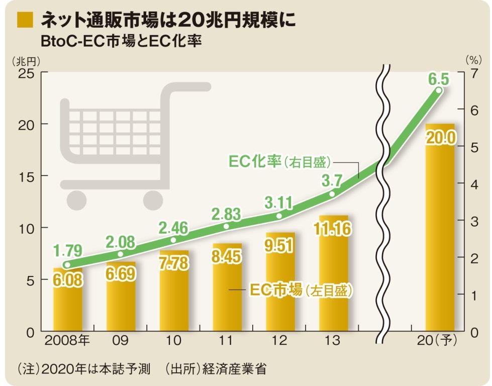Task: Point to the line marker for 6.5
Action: [x=438, y=90]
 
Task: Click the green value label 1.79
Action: [x=67, y=250]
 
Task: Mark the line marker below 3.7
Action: [x=332, y=194]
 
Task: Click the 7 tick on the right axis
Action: [x=473, y=72]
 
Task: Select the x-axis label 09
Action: [x=121, y=341]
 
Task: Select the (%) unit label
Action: [x=473, y=59]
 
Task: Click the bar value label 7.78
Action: [x=174, y=264]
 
